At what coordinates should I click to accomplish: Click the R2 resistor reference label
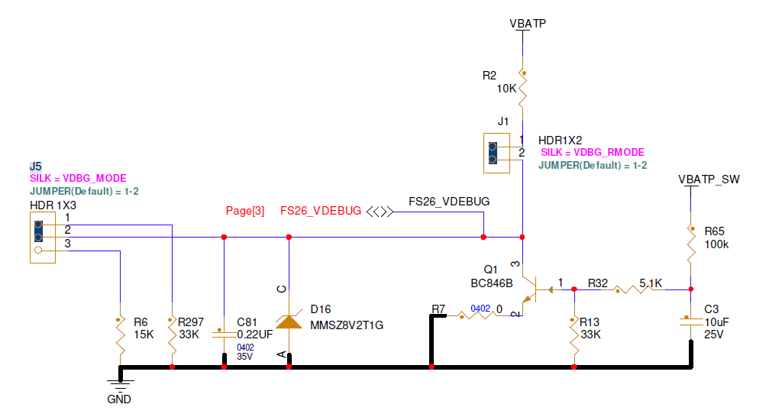point(490,76)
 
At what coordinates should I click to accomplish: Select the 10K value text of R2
point(506,89)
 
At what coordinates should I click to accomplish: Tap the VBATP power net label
point(527,24)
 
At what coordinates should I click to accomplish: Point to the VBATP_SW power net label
point(709,179)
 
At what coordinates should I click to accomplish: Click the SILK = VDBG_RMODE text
point(592,153)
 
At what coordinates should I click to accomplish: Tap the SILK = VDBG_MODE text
point(77,178)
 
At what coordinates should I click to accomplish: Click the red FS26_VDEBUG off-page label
point(321,211)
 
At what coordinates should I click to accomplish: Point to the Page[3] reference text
point(245,211)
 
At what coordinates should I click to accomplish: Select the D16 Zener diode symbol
point(289,322)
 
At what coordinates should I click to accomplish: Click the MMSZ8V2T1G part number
point(347,325)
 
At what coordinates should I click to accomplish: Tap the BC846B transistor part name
point(491,283)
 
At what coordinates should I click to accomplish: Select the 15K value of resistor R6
point(144,335)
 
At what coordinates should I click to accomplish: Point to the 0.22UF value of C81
point(255,335)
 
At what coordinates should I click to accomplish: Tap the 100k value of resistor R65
point(716,244)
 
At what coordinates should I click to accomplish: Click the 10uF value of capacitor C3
point(717,322)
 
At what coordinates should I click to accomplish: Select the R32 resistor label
point(598,283)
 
